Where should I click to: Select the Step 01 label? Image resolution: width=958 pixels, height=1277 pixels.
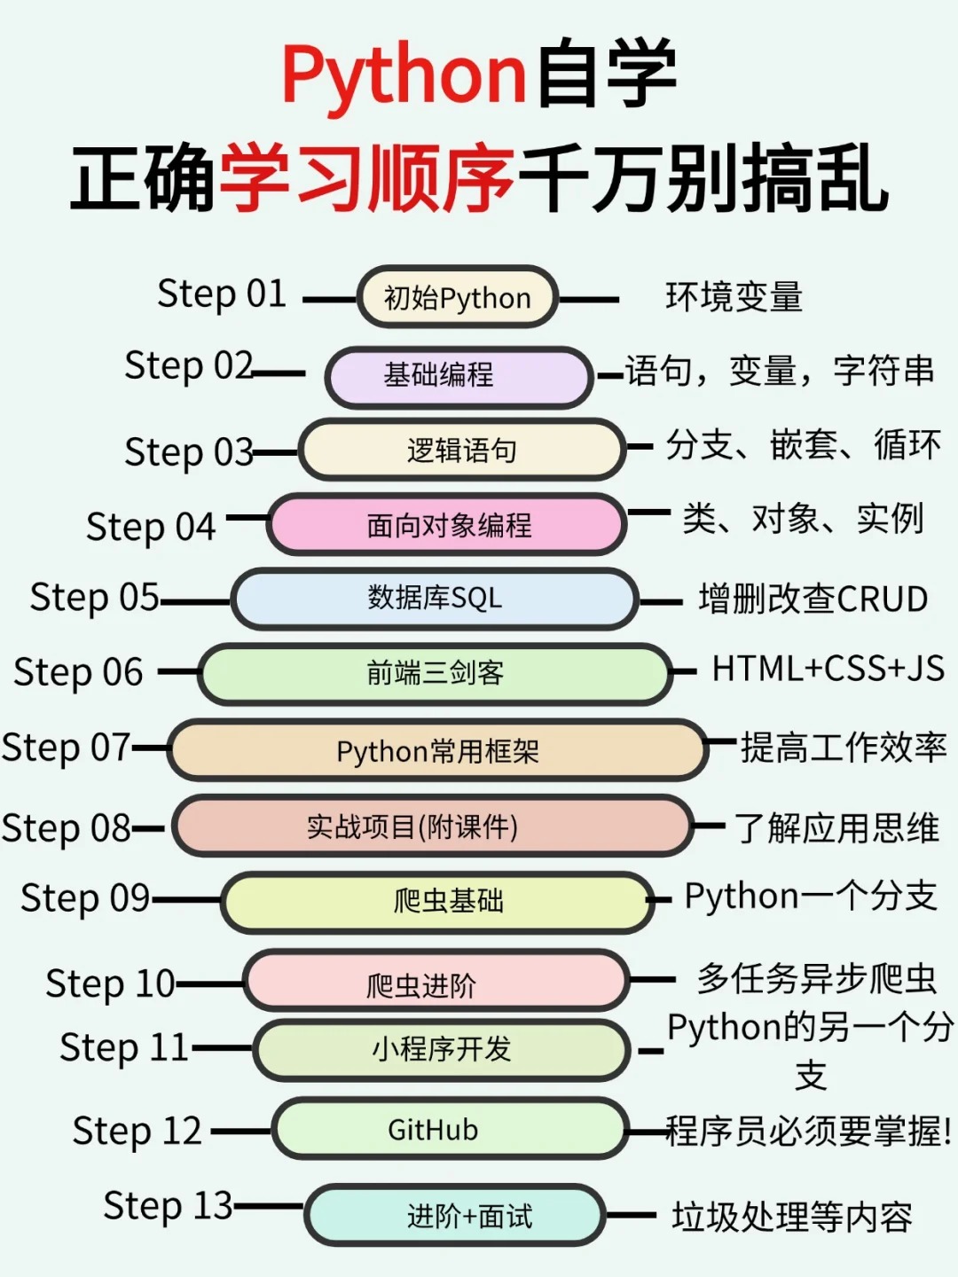tap(222, 294)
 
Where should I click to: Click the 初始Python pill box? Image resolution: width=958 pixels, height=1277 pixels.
tap(457, 298)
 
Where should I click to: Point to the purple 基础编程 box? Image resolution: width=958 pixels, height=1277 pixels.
tap(458, 376)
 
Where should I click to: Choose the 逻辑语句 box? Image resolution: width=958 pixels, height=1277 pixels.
tap(461, 450)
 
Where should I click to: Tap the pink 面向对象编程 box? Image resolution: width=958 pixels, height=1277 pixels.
tap(448, 525)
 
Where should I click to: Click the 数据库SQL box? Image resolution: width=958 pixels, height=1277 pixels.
tap(435, 599)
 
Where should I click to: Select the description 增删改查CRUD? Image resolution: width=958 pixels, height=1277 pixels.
tap(813, 599)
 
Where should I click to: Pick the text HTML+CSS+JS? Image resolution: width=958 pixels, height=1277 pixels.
tap(828, 670)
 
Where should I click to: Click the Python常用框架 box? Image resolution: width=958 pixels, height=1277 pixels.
tap(437, 751)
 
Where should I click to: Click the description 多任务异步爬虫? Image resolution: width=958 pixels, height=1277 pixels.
tap(816, 979)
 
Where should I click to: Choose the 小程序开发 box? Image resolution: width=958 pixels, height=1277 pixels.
tap(442, 1050)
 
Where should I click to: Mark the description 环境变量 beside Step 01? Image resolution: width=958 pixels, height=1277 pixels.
tap(734, 298)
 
